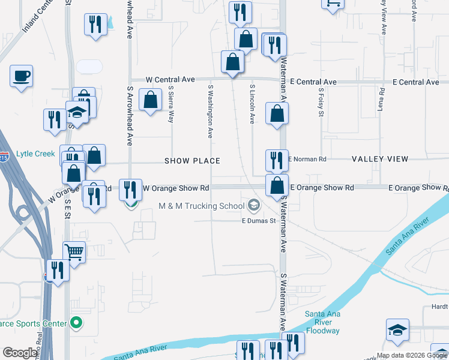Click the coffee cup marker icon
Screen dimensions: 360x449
point(21,76)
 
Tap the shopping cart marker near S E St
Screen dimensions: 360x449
point(74,253)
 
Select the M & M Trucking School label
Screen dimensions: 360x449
point(201,206)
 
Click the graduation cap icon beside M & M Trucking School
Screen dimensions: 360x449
point(254,206)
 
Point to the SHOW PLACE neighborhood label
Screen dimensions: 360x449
point(193,161)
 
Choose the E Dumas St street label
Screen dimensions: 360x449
point(258,221)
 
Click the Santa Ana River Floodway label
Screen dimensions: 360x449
point(323,322)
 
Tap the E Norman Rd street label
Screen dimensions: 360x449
point(307,159)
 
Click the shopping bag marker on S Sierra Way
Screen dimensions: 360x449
point(151,100)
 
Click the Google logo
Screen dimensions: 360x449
point(20,353)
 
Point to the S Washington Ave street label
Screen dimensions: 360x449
point(211,111)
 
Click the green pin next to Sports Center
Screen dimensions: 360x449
point(76,323)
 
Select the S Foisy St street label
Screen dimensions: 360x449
point(321,103)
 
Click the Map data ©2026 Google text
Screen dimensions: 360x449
point(412,355)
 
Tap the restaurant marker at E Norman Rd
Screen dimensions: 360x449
point(277,160)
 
